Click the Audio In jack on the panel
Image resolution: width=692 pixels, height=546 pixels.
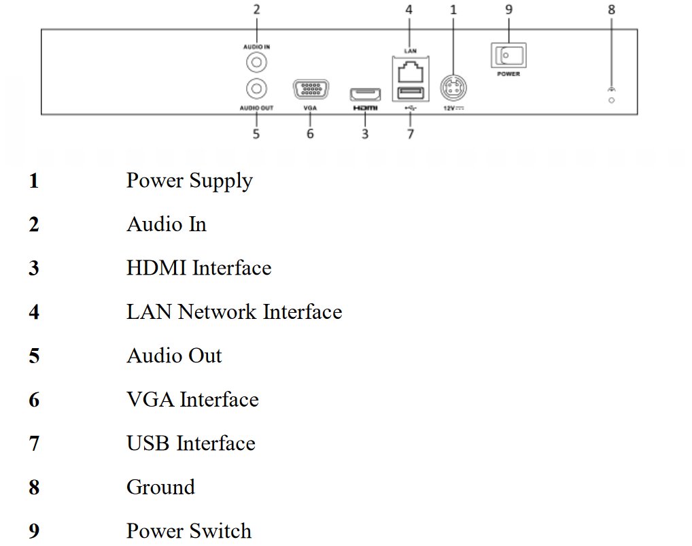256,63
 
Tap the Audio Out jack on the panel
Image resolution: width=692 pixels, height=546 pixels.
256,88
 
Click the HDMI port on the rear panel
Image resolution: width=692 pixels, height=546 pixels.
365,95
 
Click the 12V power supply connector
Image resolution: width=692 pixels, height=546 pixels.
453,88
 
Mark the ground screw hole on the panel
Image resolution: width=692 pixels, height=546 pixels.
611,101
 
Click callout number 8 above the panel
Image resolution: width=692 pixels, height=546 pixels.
611,10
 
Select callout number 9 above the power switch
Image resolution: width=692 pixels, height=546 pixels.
509,10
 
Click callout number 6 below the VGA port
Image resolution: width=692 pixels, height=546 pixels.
310,134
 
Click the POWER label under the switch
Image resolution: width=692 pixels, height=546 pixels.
508,74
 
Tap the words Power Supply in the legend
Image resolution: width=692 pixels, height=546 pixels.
189,181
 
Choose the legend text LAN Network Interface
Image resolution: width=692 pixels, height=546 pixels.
234,312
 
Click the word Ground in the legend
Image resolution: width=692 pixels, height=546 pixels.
160,487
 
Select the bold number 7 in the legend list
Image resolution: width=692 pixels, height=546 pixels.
34,444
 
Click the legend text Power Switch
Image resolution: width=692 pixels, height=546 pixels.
189,531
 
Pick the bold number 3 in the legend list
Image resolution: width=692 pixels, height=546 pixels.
34,269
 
